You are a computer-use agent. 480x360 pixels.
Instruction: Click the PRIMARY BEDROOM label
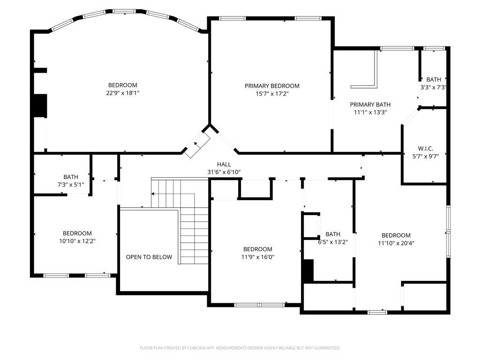[272, 86]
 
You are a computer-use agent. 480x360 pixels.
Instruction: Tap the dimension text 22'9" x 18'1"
[123, 93]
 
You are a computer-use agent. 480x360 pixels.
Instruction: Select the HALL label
[224, 164]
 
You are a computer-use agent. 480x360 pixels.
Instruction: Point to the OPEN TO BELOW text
[149, 257]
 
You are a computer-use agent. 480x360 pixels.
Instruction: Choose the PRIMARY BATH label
[370, 105]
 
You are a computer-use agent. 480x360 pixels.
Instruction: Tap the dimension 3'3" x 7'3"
[434, 87]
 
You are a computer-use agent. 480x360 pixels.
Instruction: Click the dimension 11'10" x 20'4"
[396, 243]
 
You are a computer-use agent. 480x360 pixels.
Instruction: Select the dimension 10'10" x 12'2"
[77, 241]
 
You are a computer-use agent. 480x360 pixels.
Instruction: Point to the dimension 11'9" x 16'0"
[257, 257]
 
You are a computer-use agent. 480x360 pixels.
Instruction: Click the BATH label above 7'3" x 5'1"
[71, 177]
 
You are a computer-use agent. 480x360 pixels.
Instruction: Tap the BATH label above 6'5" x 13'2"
[333, 234]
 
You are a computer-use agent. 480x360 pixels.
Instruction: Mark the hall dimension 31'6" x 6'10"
[224, 172]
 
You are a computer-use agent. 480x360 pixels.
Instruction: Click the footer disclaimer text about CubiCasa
[240, 348]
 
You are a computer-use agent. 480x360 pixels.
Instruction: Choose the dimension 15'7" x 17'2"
[272, 93]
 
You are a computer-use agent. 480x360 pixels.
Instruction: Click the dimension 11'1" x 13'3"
[370, 112]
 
